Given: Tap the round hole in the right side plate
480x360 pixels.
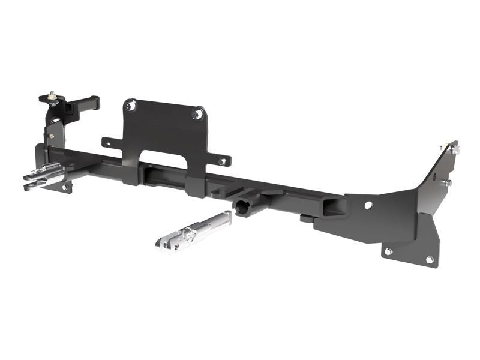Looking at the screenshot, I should pos(368,205).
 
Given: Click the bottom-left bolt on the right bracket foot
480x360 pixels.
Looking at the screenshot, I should pos(388,251).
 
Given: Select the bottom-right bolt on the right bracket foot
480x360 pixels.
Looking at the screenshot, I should pos(430,259).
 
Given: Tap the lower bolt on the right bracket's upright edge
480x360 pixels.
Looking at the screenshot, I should pos(446,182).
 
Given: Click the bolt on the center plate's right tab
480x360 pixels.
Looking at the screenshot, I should pos(223,161).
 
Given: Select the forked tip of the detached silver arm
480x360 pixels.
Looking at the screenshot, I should pos(163,242).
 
